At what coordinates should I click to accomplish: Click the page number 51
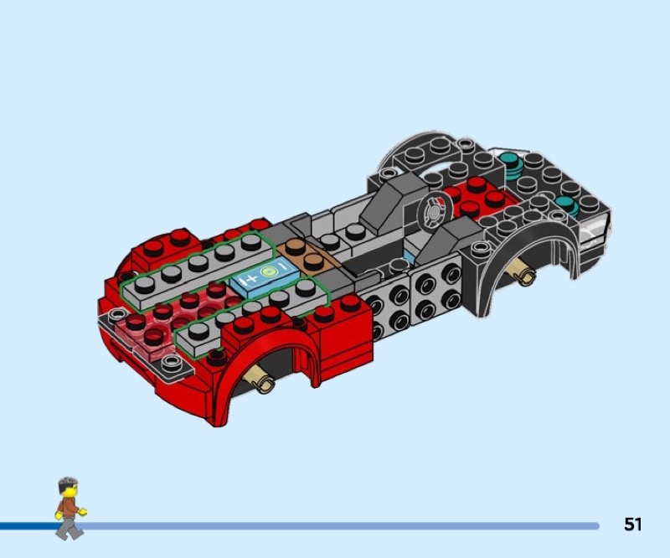tap(633, 524)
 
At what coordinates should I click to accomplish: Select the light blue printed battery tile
tap(263, 278)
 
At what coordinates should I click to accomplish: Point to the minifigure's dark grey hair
tap(68, 484)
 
